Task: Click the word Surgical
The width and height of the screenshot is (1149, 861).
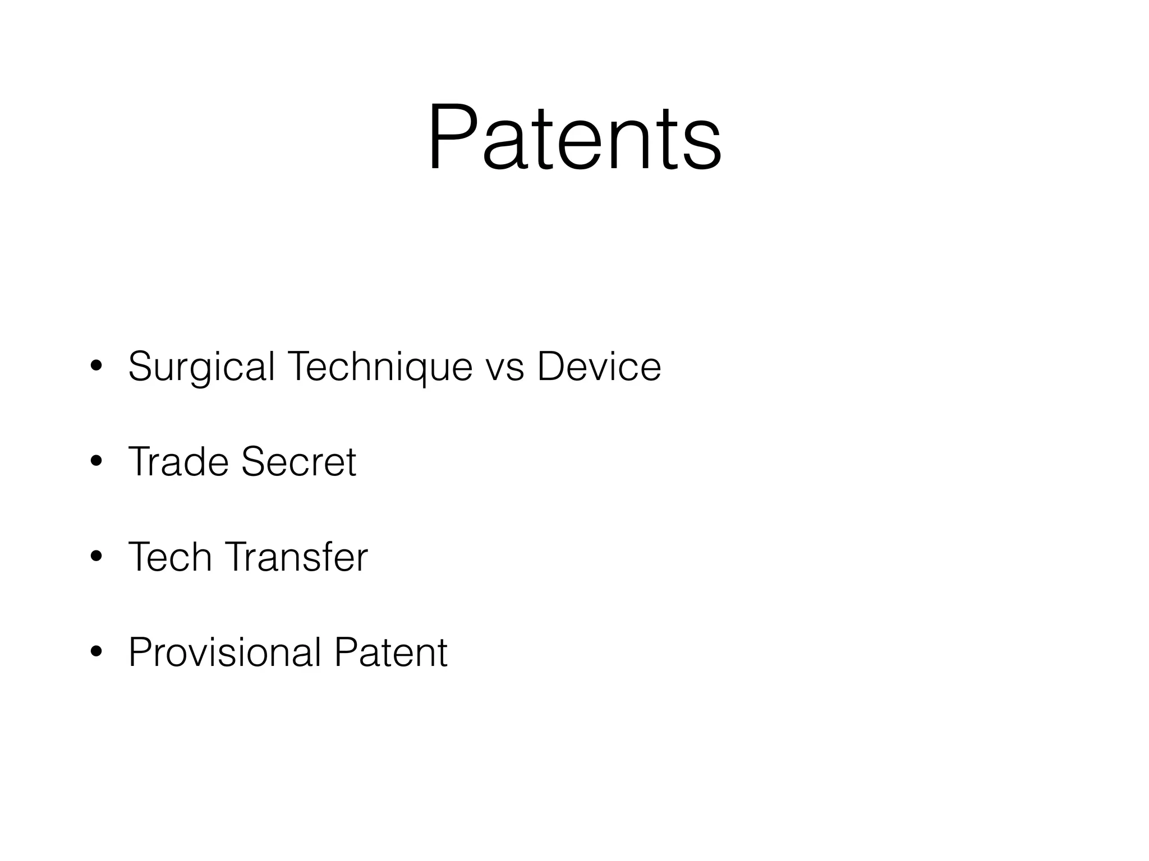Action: (201, 367)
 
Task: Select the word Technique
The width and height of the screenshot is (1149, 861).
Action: (379, 367)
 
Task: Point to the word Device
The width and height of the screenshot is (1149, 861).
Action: (599, 367)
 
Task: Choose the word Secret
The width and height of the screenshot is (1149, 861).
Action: (298, 462)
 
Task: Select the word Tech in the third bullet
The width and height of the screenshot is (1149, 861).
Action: (171, 557)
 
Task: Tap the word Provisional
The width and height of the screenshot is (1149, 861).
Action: (224, 652)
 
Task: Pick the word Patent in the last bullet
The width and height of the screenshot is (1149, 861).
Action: (391, 652)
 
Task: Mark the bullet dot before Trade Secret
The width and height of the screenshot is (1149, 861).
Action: (96, 461)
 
